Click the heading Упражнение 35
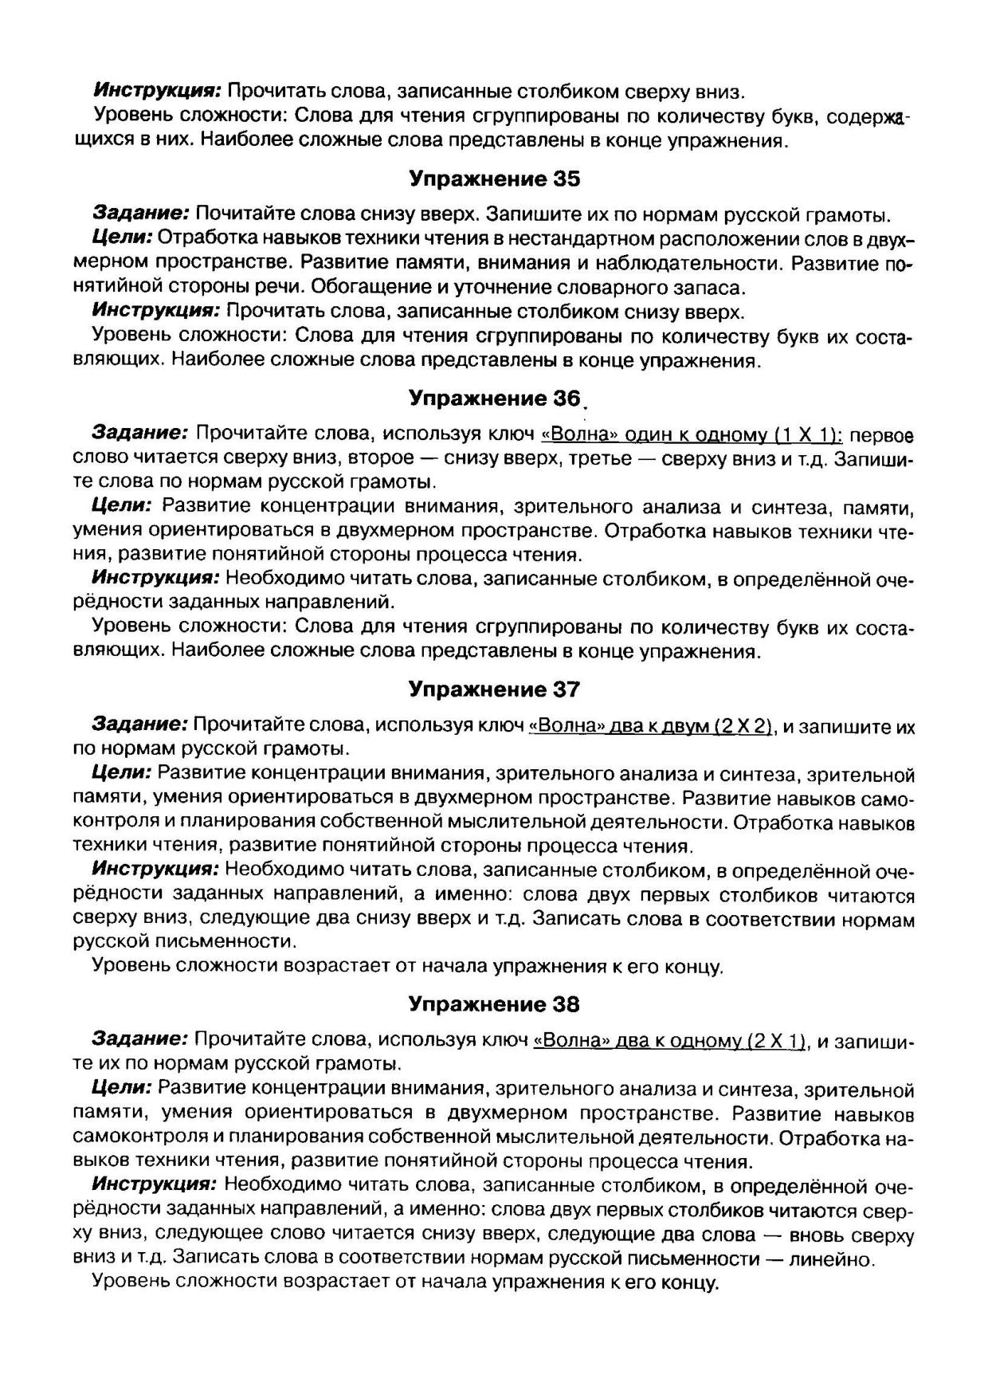pyautogui.click(x=494, y=179)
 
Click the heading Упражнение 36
pyautogui.click(x=494, y=397)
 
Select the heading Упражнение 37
pyautogui.click(x=494, y=689)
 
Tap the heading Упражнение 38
pyautogui.click(x=494, y=1004)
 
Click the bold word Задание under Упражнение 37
pyautogui.click(x=141, y=725)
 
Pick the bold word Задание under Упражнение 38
pyautogui.click(x=141, y=1040)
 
